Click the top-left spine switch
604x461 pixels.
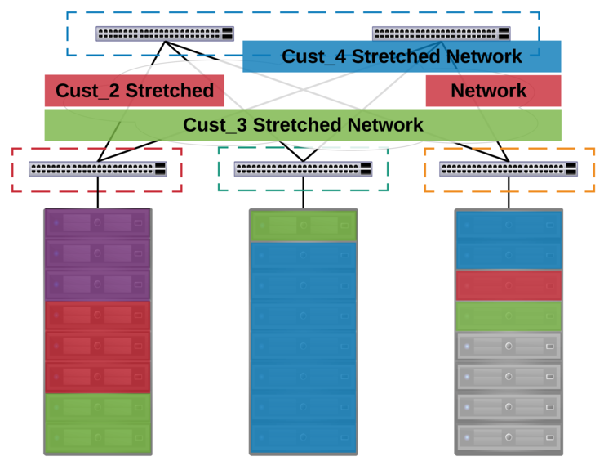pyautogui.click(x=165, y=34)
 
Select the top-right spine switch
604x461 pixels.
pyautogui.click(x=442, y=34)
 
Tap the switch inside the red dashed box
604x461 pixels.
pyautogui.click(x=98, y=169)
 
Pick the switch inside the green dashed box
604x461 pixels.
pyautogui.click(x=303, y=169)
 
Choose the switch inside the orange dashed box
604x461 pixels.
pyautogui.click(x=509, y=169)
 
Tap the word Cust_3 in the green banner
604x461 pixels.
pyautogui.click(x=215, y=125)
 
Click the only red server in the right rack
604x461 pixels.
pyautogui.click(x=509, y=285)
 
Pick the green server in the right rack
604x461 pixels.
pyautogui.click(x=509, y=316)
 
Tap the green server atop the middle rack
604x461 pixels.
pyautogui.click(x=303, y=226)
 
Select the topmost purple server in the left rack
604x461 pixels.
pyautogui.click(x=97, y=223)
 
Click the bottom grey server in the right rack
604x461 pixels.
pyautogui.click(x=509, y=437)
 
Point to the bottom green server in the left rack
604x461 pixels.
pyautogui.click(x=97, y=438)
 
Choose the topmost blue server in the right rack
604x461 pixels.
pyautogui.click(x=509, y=225)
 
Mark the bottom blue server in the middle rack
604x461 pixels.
pyautogui.click(x=303, y=437)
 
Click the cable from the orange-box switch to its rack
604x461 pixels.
pyautogui.click(x=509, y=193)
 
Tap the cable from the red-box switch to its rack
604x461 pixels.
pyautogui.click(x=98, y=193)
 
